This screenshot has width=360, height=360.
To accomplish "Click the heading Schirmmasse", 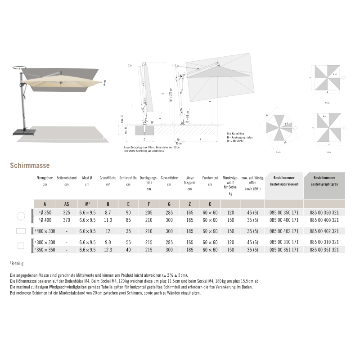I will [x=30, y=165].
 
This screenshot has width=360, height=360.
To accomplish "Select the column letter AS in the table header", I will [x=67, y=204].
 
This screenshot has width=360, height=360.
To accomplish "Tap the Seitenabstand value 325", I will [x=67, y=212].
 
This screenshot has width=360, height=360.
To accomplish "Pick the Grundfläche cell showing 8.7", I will [x=108, y=212].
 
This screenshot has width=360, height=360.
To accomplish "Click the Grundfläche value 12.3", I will [x=108, y=249].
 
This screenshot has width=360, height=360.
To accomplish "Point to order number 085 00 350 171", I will [x=283, y=212].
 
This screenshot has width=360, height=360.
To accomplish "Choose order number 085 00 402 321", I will [x=324, y=230].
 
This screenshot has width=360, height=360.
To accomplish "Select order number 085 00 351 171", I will [x=283, y=249].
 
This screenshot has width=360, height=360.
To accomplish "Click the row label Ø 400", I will [x=45, y=220].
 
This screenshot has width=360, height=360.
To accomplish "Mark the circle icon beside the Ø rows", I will [x=20, y=216].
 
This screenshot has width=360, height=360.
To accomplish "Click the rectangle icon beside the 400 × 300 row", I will [x=20, y=231].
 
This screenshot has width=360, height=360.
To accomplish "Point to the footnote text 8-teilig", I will [x=18, y=262].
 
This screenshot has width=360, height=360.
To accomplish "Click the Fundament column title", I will [x=210, y=178].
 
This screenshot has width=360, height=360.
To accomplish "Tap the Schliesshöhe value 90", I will [x=128, y=212].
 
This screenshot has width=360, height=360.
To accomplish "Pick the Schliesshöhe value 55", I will [x=128, y=242].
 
